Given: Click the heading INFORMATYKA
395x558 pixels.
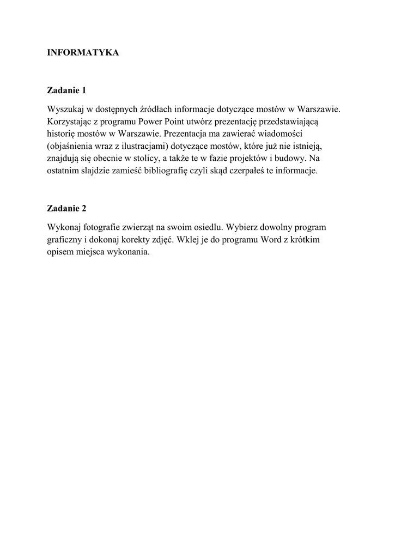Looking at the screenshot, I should coord(83,53).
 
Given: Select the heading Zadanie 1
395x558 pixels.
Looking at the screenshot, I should coord(67,90).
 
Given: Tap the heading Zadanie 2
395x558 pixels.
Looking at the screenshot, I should coord(67,208).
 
